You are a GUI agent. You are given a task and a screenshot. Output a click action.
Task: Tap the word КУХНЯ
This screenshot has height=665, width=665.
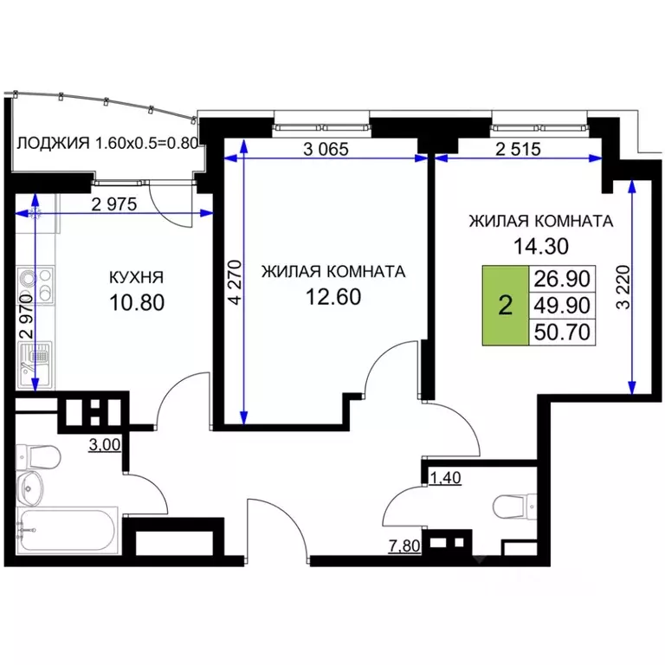[136, 278]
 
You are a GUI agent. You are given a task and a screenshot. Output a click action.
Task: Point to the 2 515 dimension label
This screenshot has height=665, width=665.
[518, 148]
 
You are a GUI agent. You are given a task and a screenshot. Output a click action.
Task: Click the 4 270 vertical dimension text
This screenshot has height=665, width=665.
[232, 283]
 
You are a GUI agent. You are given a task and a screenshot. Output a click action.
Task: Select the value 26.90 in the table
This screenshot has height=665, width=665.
[562, 279]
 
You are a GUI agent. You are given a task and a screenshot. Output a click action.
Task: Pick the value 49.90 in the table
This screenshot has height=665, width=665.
[562, 304]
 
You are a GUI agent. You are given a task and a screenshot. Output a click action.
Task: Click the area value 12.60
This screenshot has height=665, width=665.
[332, 297]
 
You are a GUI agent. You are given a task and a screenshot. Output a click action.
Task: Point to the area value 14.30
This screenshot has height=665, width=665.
[539, 246]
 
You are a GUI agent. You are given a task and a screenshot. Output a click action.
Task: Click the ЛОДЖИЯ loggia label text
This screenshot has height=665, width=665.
[54, 143]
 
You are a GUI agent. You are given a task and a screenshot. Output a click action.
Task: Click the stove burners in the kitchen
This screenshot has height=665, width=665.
[34, 281]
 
